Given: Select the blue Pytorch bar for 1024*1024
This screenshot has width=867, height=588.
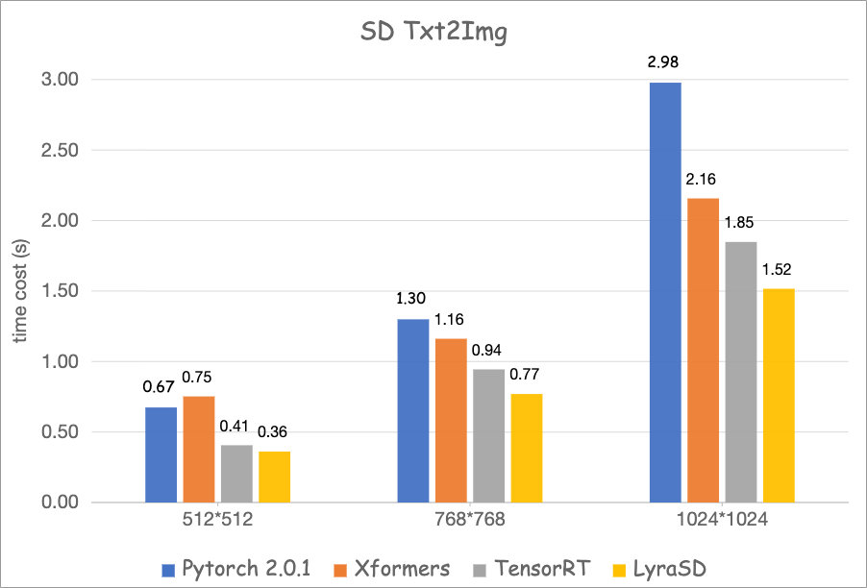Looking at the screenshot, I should pyautogui.click(x=665, y=292).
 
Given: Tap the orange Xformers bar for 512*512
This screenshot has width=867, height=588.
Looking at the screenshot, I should pyautogui.click(x=199, y=449).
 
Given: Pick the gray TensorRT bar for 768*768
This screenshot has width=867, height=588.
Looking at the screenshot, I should pyautogui.click(x=488, y=435).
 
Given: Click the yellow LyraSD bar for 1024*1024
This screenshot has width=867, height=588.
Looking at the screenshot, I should pyautogui.click(x=779, y=395).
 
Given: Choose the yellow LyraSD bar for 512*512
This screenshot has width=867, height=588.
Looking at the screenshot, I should pyautogui.click(x=275, y=477).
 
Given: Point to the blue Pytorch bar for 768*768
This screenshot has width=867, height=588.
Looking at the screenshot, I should pyautogui.click(x=412, y=410).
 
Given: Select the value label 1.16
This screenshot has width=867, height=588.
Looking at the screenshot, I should pyautogui.click(x=450, y=321).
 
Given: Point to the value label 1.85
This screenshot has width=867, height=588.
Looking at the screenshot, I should pyautogui.click(x=740, y=224).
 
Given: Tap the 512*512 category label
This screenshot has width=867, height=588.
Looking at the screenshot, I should pyautogui.click(x=217, y=524).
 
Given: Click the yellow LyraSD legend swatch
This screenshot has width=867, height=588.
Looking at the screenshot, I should pyautogui.click(x=618, y=568).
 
